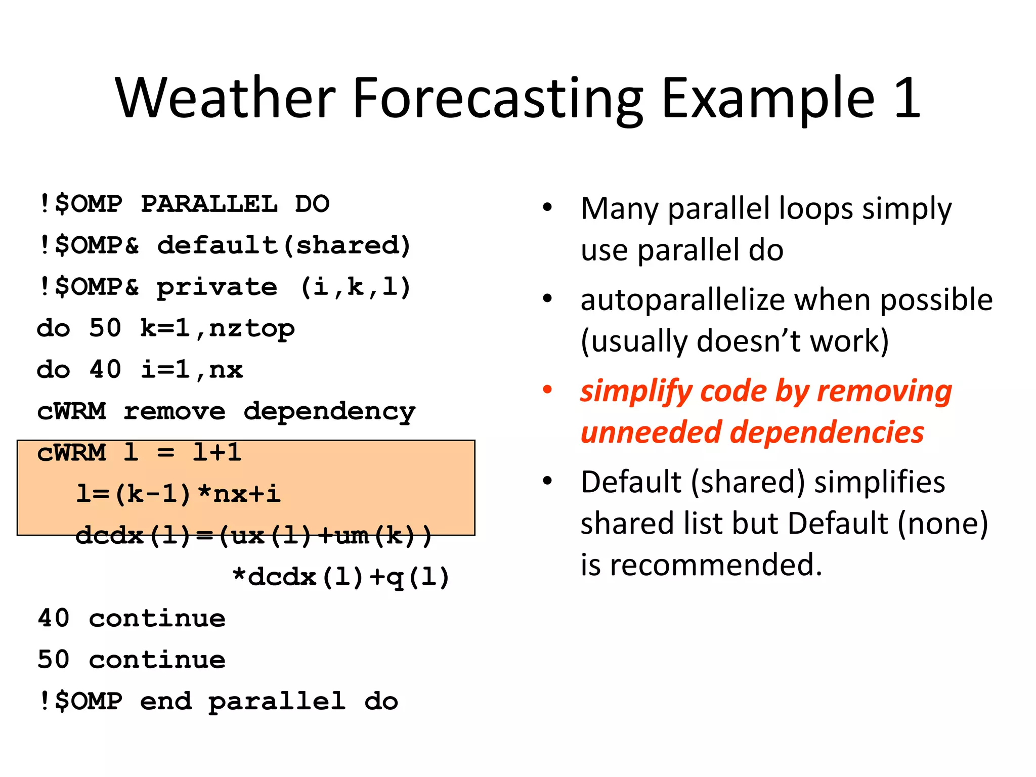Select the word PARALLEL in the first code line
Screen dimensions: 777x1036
click(x=209, y=204)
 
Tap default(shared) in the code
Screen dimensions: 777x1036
click(x=284, y=246)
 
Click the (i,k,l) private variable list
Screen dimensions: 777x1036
click(x=355, y=287)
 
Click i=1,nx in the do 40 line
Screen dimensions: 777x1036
click(x=192, y=370)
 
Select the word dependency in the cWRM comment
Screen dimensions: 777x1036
click(x=329, y=412)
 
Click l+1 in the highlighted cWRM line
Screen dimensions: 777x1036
click(x=217, y=452)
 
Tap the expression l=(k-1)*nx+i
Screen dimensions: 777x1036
click(x=178, y=494)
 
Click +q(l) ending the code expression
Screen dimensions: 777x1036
click(x=409, y=577)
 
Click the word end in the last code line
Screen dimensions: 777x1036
click(x=166, y=702)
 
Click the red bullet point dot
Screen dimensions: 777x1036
click(x=547, y=390)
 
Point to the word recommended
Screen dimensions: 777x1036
click(x=715, y=565)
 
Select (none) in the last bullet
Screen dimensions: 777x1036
click(x=942, y=523)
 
